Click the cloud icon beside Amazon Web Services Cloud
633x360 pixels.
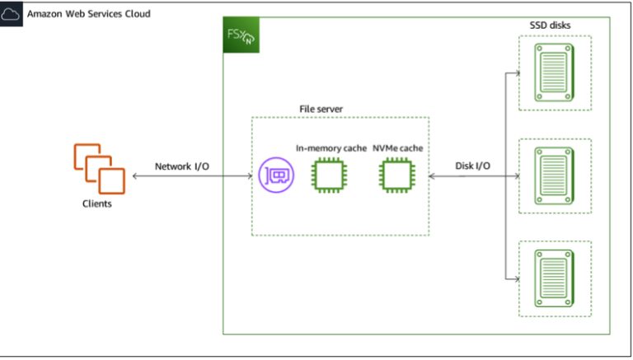(12, 15)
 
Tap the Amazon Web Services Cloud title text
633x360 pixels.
(88, 15)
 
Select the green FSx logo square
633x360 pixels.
(241, 35)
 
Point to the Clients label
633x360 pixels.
(97, 203)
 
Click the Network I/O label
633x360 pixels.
(182, 166)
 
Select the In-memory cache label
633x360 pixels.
(331, 148)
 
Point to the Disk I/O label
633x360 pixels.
(473, 166)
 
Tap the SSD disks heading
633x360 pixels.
(550, 26)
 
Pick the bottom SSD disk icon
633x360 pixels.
(553, 278)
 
